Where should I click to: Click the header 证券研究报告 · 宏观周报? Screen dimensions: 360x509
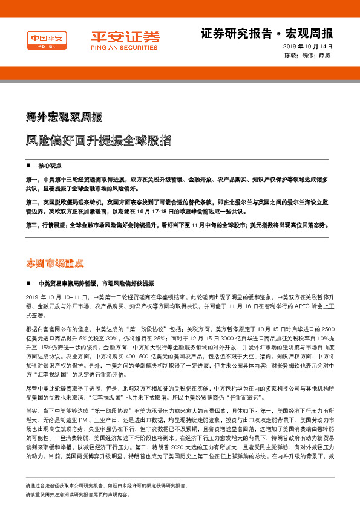pyautogui.click(x=266, y=32)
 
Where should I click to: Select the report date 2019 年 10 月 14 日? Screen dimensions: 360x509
pyautogui.click(x=309, y=47)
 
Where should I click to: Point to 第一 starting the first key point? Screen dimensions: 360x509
pyautogui.click(x=31, y=180)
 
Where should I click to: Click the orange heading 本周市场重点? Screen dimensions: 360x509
pyautogui.click(x=54, y=263)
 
